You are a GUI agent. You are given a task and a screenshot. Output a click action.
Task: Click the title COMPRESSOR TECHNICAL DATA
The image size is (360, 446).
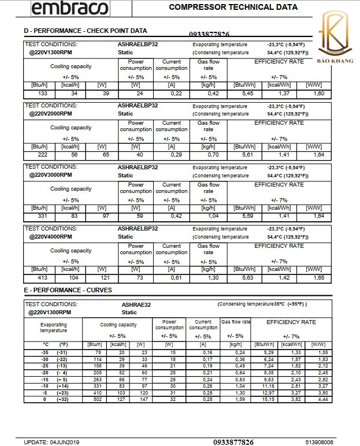pos(233,8)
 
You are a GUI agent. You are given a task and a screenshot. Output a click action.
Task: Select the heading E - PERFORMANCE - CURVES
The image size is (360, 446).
pos(68,290)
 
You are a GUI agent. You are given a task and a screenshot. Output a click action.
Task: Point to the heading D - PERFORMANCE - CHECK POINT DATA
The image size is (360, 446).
pos(85,31)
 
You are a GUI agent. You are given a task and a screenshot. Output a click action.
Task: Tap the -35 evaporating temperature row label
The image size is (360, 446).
pos(45,352)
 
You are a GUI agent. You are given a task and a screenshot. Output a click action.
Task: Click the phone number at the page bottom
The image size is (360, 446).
pos(233,442)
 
